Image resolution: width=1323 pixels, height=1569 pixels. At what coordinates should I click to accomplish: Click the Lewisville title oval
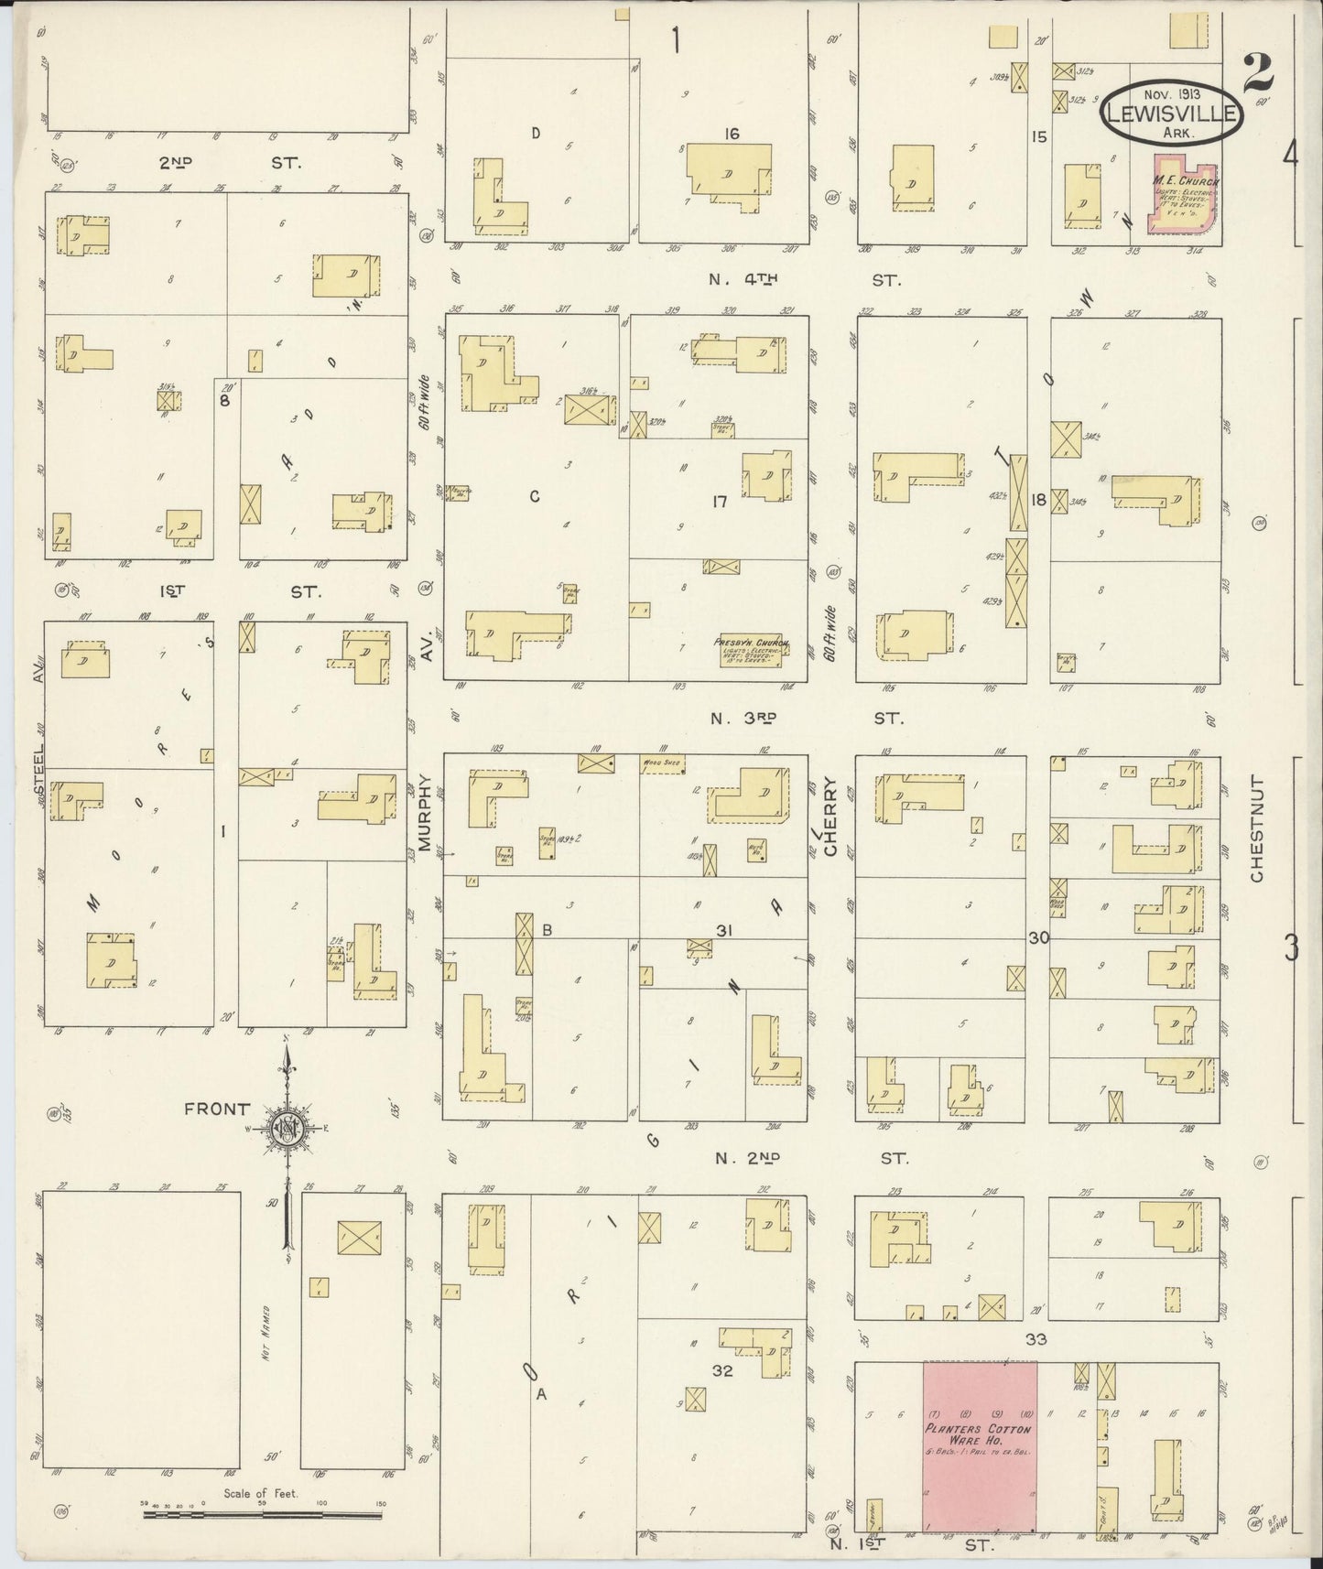[1171, 113]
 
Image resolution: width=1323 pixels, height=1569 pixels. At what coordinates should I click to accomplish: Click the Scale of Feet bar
[262, 1515]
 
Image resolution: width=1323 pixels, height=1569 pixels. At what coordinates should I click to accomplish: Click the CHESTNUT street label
[1256, 830]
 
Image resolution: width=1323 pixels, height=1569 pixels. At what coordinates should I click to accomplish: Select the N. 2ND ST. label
[810, 1158]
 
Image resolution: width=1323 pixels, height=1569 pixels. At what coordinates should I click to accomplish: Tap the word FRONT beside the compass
[216, 1109]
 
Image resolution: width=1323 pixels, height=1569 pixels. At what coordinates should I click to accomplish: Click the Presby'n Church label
[751, 644]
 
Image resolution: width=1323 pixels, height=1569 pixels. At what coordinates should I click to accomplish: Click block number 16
[731, 134]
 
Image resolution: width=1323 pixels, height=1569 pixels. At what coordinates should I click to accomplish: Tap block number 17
[719, 502]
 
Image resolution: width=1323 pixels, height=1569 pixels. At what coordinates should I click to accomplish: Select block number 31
[724, 931]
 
